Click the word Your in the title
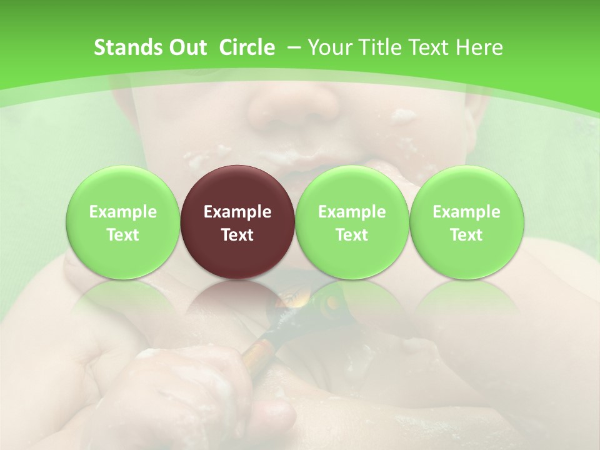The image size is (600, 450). pyautogui.click(x=328, y=47)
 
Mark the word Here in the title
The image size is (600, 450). pyautogui.click(x=479, y=47)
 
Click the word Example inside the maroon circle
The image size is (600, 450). pyautogui.click(x=237, y=212)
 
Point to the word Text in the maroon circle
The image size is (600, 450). pyautogui.click(x=237, y=235)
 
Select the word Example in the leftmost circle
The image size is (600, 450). pyautogui.click(x=123, y=212)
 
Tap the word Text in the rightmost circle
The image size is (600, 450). pyautogui.click(x=467, y=235)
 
